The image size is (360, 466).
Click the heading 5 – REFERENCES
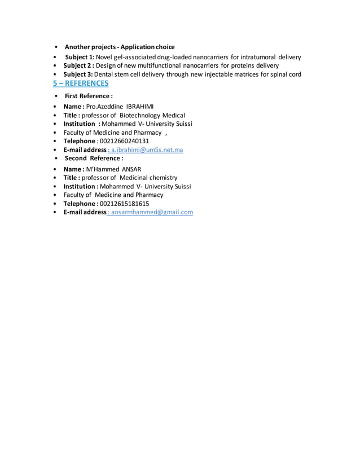pyautogui.click(x=81, y=83)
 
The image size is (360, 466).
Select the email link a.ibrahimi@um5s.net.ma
pyautogui.click(x=147, y=150)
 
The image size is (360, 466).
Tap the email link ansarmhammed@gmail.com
pyautogui.click(x=152, y=212)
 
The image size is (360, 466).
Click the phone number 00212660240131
pyautogui.click(x=124, y=141)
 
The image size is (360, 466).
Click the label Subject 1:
pyautogui.click(x=80, y=57)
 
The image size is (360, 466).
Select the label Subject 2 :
pyautogui.click(x=78, y=65)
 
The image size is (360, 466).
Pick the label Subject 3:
pyautogui.click(x=78, y=74)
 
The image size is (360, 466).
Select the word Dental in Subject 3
pyautogui.click(x=105, y=74)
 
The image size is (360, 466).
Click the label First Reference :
pyautogui.click(x=89, y=96)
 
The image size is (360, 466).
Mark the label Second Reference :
pyautogui.click(x=94, y=159)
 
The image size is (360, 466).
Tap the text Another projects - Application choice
pyautogui.click(x=120, y=47)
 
